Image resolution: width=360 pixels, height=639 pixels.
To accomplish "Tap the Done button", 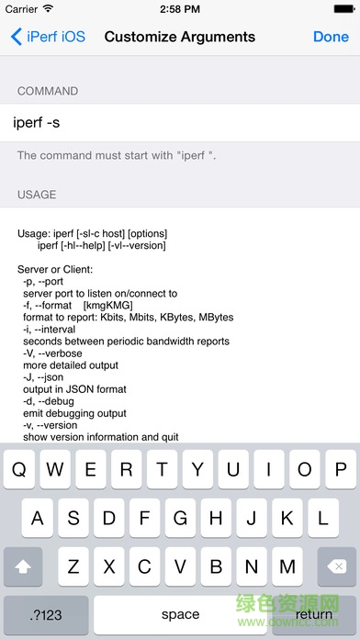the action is pyautogui.click(x=331, y=38).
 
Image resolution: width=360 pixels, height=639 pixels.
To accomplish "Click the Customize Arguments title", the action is pyautogui.click(x=180, y=38).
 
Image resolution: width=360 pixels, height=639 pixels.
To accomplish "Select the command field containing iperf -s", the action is pyautogui.click(x=180, y=122).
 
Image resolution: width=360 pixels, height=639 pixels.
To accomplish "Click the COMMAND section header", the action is pyautogui.click(x=48, y=92).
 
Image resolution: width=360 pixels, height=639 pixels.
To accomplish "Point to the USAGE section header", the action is pyautogui.click(x=37, y=195).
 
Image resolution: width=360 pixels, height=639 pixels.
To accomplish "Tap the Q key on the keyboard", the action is pyautogui.click(x=21, y=471).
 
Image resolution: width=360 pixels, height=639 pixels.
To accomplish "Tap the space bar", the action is pyautogui.click(x=180, y=614).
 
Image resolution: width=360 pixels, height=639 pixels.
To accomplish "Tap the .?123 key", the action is pyautogui.click(x=46, y=614).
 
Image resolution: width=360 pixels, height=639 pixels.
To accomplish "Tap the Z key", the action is pyautogui.click(x=74, y=566).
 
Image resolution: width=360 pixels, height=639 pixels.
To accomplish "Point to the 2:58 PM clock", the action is pyautogui.click(x=180, y=9).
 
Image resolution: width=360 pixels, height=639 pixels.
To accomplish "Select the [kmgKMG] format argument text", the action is pyautogui.click(x=107, y=306).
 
